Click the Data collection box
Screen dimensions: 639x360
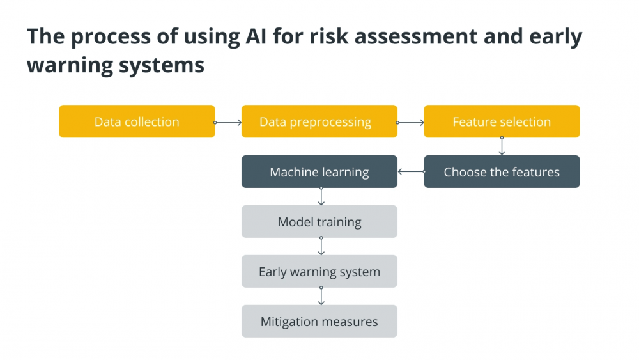[x=137, y=121]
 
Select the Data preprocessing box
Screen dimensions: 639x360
[x=319, y=121]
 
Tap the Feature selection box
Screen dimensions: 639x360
[x=502, y=121]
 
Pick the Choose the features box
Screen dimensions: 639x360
[x=502, y=171]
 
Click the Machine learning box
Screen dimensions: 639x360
[x=319, y=171]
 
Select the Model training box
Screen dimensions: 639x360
[x=319, y=222]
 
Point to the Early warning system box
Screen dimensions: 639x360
[x=319, y=272]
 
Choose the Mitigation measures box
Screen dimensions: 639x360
[x=319, y=321]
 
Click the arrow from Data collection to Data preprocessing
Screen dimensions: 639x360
[x=228, y=122]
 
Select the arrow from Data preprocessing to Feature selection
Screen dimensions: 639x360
[x=410, y=122]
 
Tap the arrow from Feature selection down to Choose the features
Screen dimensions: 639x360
[x=502, y=146]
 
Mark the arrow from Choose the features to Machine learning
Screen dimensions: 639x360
[x=411, y=171]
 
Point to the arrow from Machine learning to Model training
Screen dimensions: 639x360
[x=321, y=196]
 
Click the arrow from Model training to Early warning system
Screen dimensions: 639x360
[x=321, y=246]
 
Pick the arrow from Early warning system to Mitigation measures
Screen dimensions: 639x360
[x=321, y=296]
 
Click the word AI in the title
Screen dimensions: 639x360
[x=256, y=36]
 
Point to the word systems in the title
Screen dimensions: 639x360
[x=162, y=66]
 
